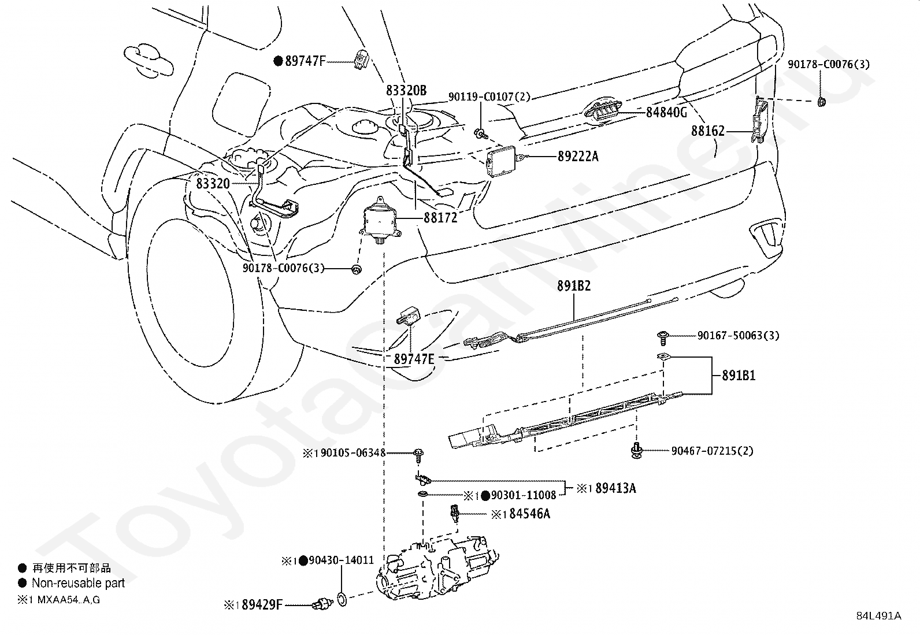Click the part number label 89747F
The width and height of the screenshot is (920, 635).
point(305,61)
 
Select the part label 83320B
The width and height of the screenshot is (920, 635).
point(406,90)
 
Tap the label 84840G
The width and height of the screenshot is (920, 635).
point(666,113)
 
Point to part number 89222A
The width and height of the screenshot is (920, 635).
point(578,157)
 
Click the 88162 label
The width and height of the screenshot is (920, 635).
point(708,131)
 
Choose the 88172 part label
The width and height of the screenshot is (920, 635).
point(440,218)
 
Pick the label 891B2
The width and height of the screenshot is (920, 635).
point(574,285)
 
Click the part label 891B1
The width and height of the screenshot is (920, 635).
point(739,376)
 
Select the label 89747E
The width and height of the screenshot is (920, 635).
point(414,359)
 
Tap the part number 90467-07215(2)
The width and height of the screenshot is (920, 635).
point(712,451)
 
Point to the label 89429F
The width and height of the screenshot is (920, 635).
point(262,604)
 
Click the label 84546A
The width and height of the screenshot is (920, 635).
point(529,514)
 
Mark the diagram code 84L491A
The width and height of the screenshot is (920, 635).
point(878,616)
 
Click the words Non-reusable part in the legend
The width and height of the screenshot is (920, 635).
point(78,583)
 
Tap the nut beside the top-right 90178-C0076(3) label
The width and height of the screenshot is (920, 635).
point(821,102)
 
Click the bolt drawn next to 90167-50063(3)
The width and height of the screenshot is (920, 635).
point(662,338)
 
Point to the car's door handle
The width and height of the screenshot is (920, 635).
point(149,61)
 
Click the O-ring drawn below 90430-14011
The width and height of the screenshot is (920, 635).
point(342,599)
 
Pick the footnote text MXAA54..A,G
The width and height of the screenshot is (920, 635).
point(69,600)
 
